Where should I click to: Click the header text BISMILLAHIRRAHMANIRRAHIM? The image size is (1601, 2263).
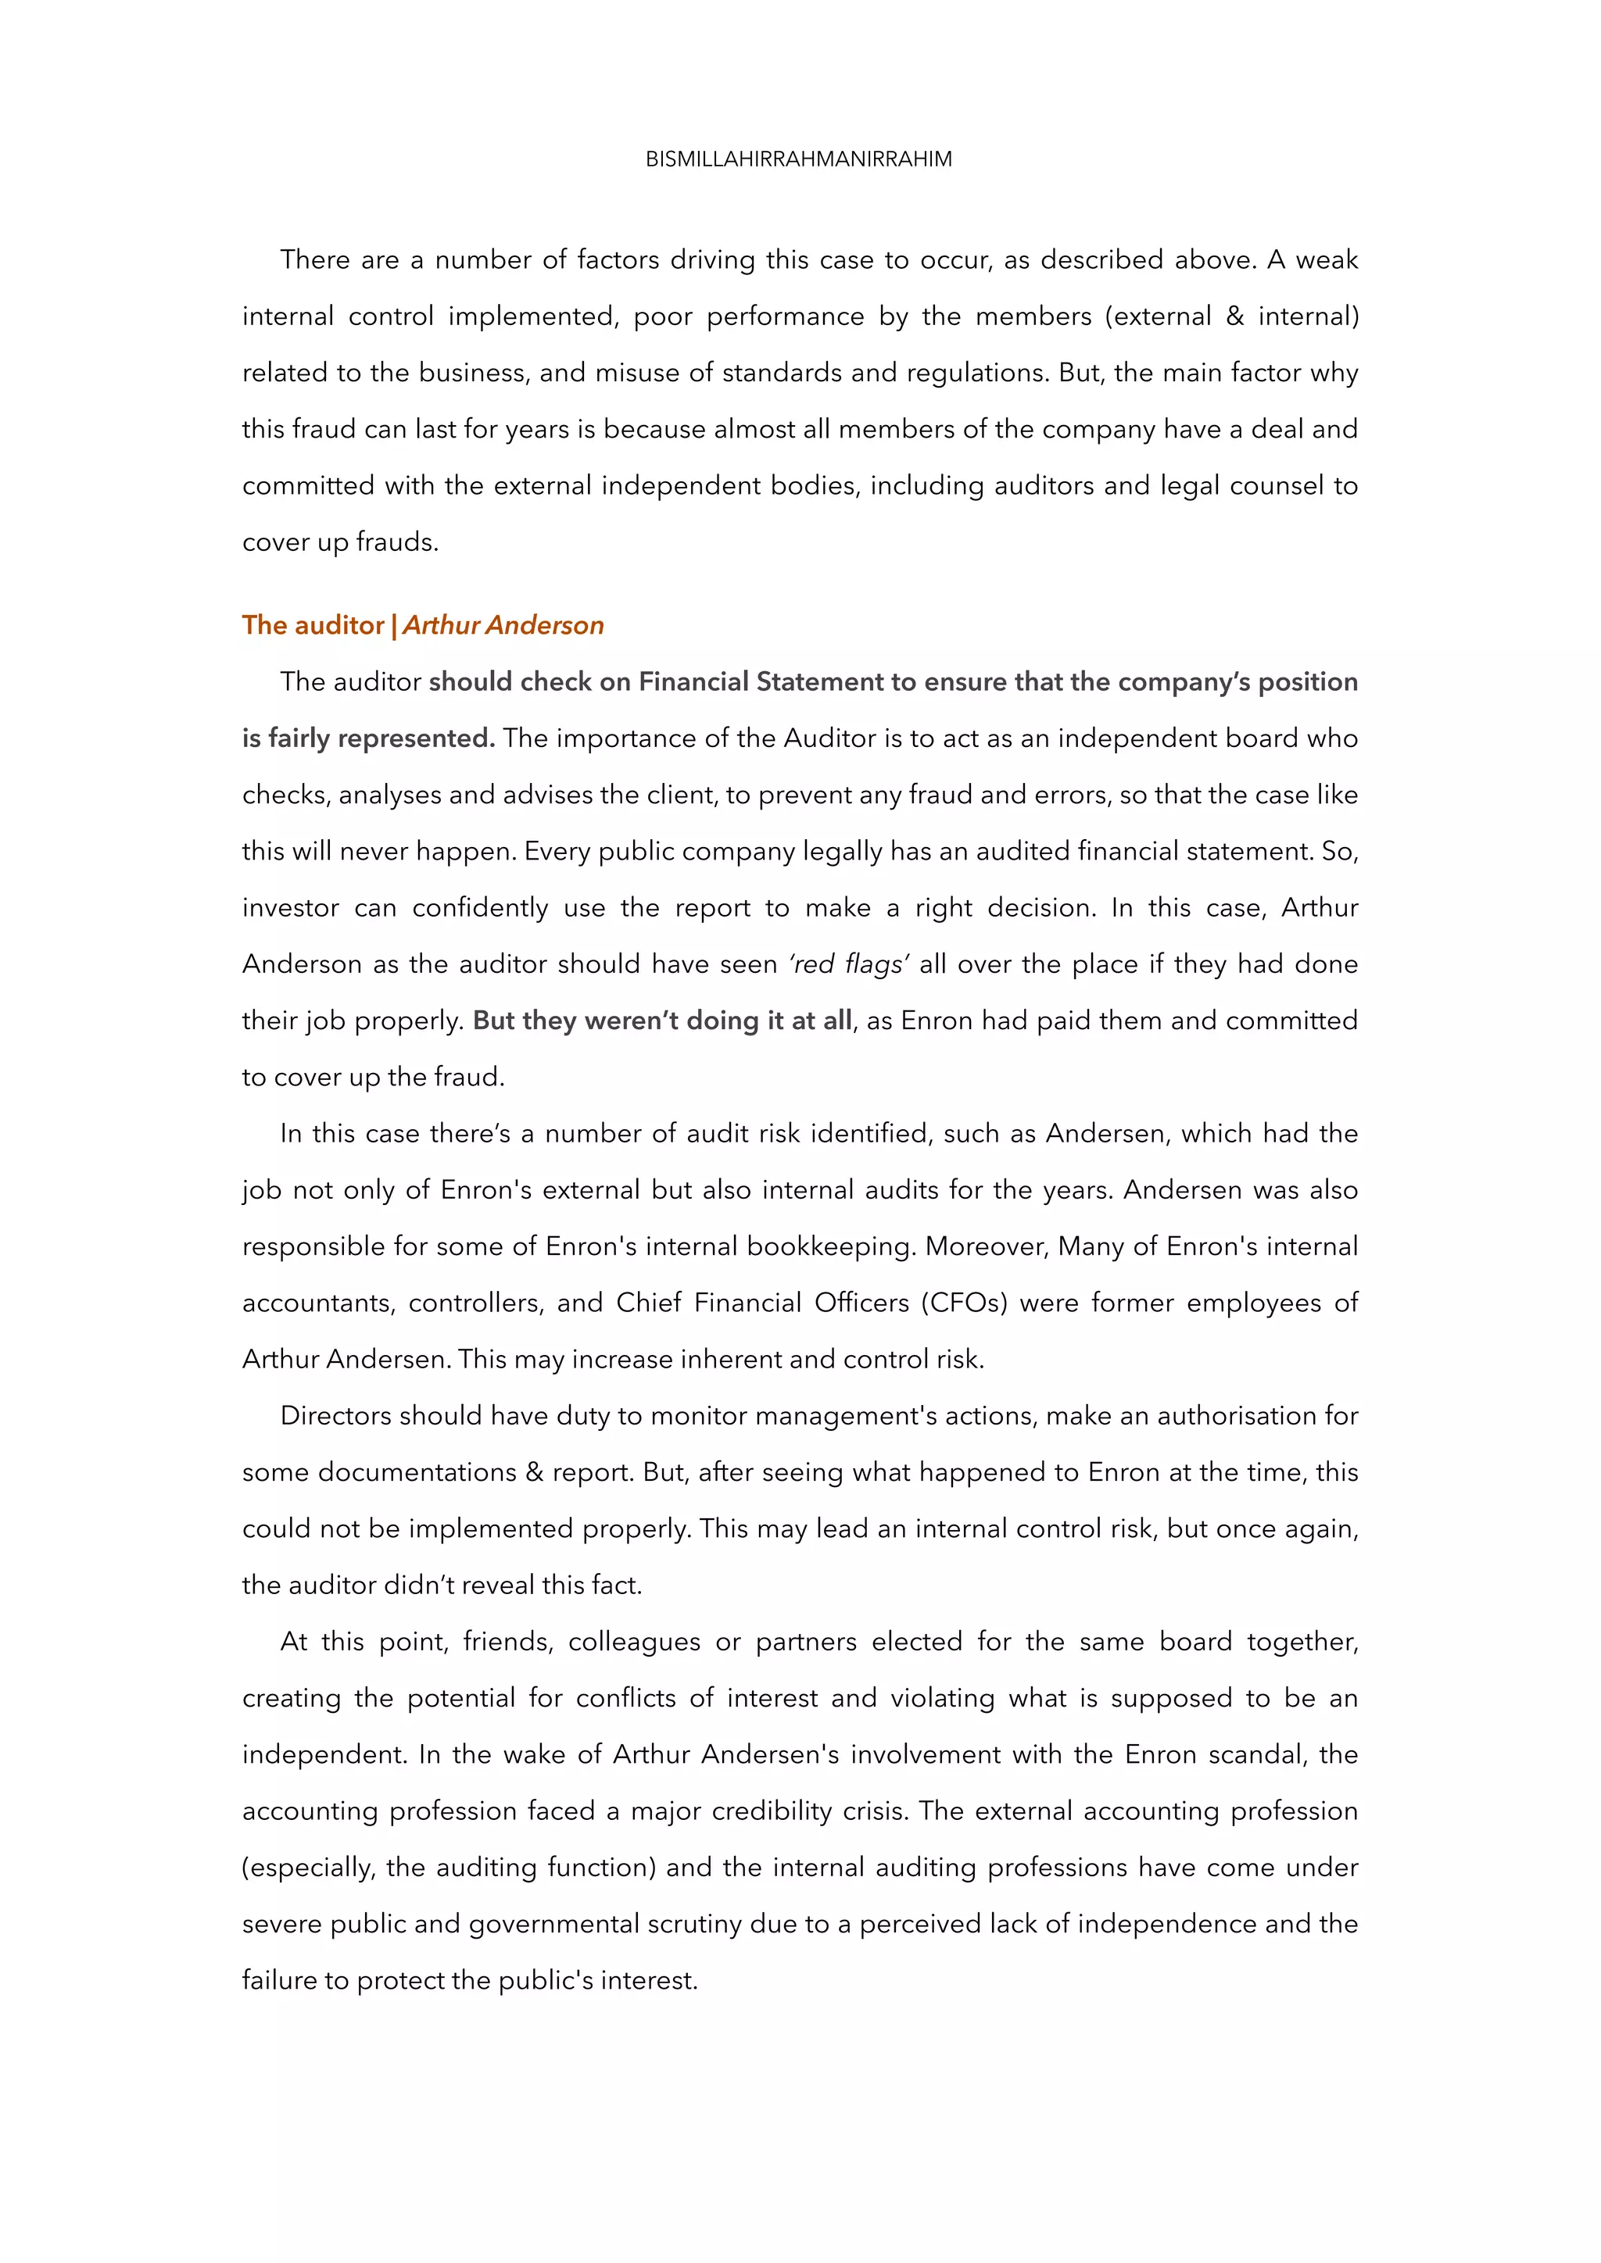click(x=798, y=159)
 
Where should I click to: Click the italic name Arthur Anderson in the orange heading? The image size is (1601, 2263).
click(x=503, y=625)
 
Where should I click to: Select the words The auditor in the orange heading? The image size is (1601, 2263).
click(x=313, y=625)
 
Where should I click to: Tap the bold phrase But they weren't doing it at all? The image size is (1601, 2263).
click(x=661, y=1020)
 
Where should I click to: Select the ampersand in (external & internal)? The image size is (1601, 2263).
click(x=1235, y=316)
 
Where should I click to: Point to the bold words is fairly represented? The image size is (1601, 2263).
click(x=367, y=738)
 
